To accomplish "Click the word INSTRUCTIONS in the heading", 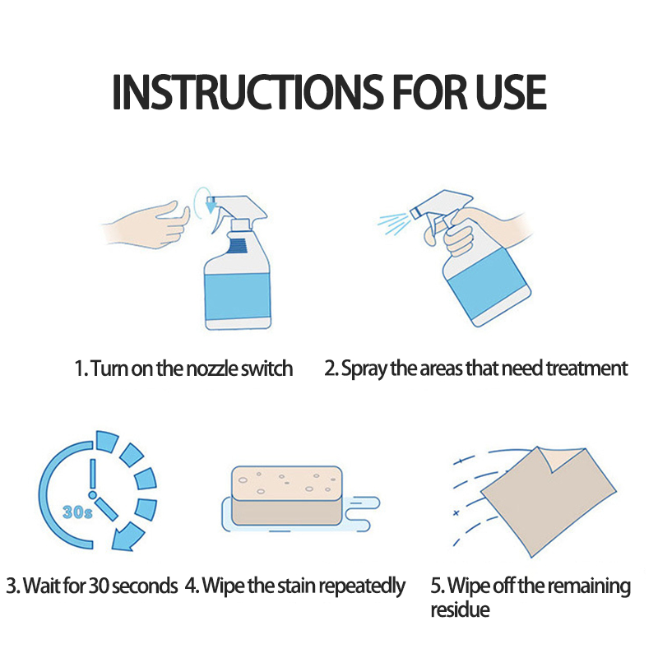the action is tap(248, 92).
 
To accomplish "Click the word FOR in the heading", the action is tap(429, 92).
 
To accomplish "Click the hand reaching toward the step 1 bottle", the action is tap(147, 225).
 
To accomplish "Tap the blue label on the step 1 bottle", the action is tap(238, 296).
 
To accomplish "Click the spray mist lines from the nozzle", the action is tap(394, 223).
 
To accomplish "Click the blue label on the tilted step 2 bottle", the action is tap(487, 282).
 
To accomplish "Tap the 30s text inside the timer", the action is tap(77, 512).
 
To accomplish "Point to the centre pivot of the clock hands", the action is tap(93, 495).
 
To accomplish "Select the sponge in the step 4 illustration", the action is tap(287, 496).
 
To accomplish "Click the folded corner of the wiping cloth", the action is tap(563, 460).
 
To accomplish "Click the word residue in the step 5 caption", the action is tap(460, 609).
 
